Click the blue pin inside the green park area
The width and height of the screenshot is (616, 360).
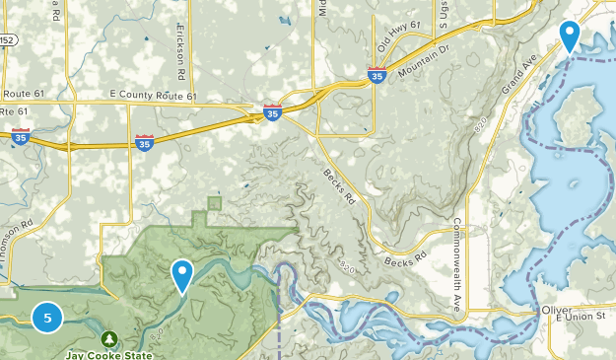point(181,274)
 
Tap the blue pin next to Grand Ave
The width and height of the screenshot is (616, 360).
point(569,36)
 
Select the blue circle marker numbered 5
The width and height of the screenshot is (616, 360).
point(47,318)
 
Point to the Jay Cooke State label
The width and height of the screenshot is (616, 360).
point(109,354)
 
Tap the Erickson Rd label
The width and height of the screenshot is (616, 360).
point(180,50)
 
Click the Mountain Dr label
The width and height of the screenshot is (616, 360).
point(424,61)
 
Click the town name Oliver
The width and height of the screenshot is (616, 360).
point(556,309)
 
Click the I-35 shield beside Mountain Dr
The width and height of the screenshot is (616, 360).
point(376,75)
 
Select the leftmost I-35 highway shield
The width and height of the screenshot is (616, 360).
point(20,138)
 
